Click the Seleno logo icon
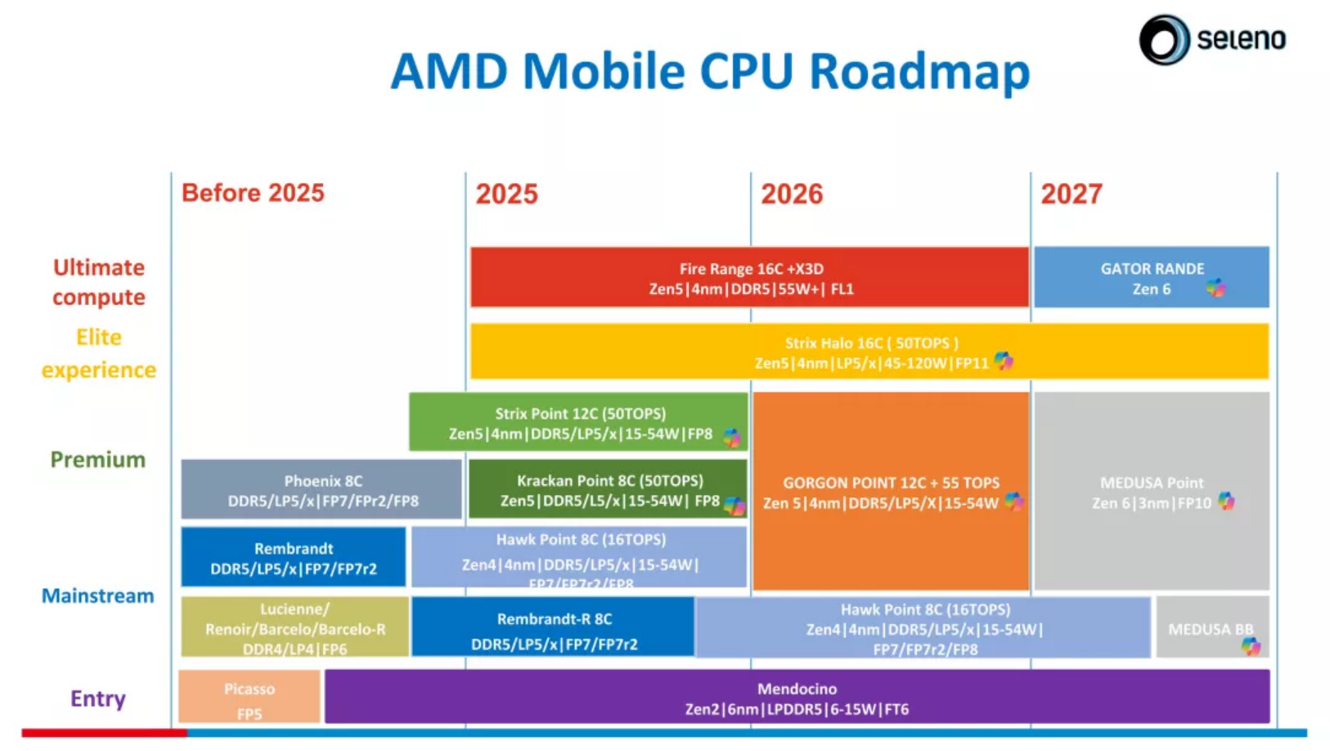tap(1164, 39)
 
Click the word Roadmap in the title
tap(919, 71)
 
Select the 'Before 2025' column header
tap(253, 193)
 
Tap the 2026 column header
tap(791, 195)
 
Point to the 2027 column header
tap(1071, 195)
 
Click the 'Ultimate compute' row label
tap(98, 282)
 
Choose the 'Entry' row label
tap(97, 699)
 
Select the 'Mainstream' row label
tap(97, 596)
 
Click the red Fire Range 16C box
tap(749, 278)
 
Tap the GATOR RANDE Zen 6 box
tap(1151, 278)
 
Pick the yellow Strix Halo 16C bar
tap(869, 353)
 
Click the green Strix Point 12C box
tap(579, 422)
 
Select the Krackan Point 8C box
tap(608, 490)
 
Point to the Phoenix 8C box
tap(321, 490)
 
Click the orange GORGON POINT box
tap(890, 492)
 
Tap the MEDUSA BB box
tap(1211, 628)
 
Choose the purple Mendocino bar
tap(796, 698)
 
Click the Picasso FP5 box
tap(249, 698)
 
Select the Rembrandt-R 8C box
tap(553, 628)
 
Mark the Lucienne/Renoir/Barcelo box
tap(294, 628)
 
